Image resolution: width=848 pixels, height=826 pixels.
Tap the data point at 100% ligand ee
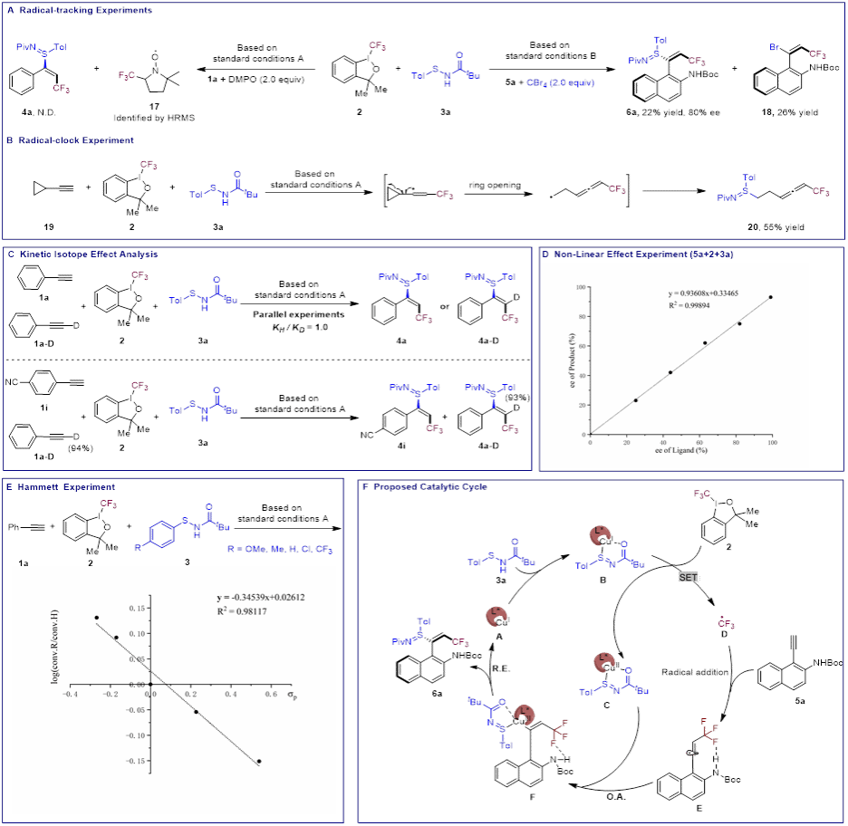[771, 297]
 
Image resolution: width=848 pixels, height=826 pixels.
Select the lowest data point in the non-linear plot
[635, 400]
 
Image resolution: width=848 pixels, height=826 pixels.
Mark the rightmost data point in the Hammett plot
[259, 762]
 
